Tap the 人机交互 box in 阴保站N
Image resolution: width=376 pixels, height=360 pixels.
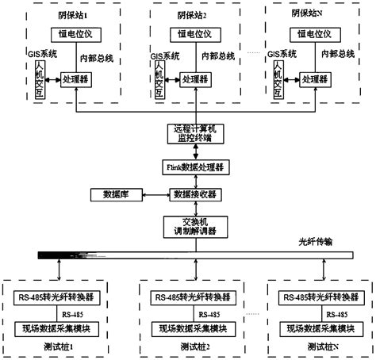pyautogui.click(x=278, y=80)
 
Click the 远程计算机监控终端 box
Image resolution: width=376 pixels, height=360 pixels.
pyautogui.click(x=190, y=132)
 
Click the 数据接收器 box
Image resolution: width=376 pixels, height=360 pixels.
pyautogui.click(x=190, y=195)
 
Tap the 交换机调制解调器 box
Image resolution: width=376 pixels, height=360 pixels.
pyautogui.click(x=190, y=226)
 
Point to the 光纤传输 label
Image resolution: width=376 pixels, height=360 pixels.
pyautogui.click(x=315, y=243)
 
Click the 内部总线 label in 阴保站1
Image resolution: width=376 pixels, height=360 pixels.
pyautogui.click(x=98, y=59)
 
